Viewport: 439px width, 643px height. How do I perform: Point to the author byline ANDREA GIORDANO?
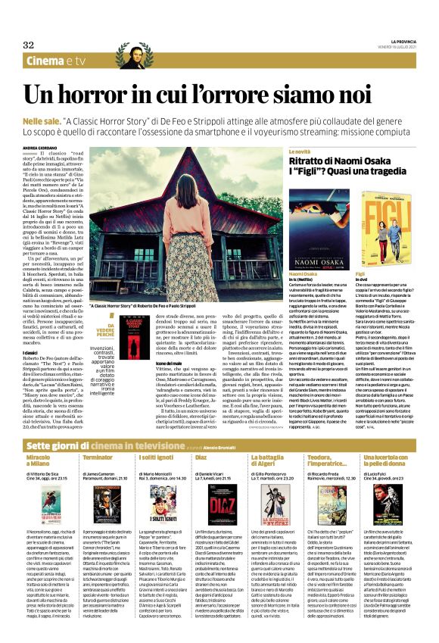click(41, 148)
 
